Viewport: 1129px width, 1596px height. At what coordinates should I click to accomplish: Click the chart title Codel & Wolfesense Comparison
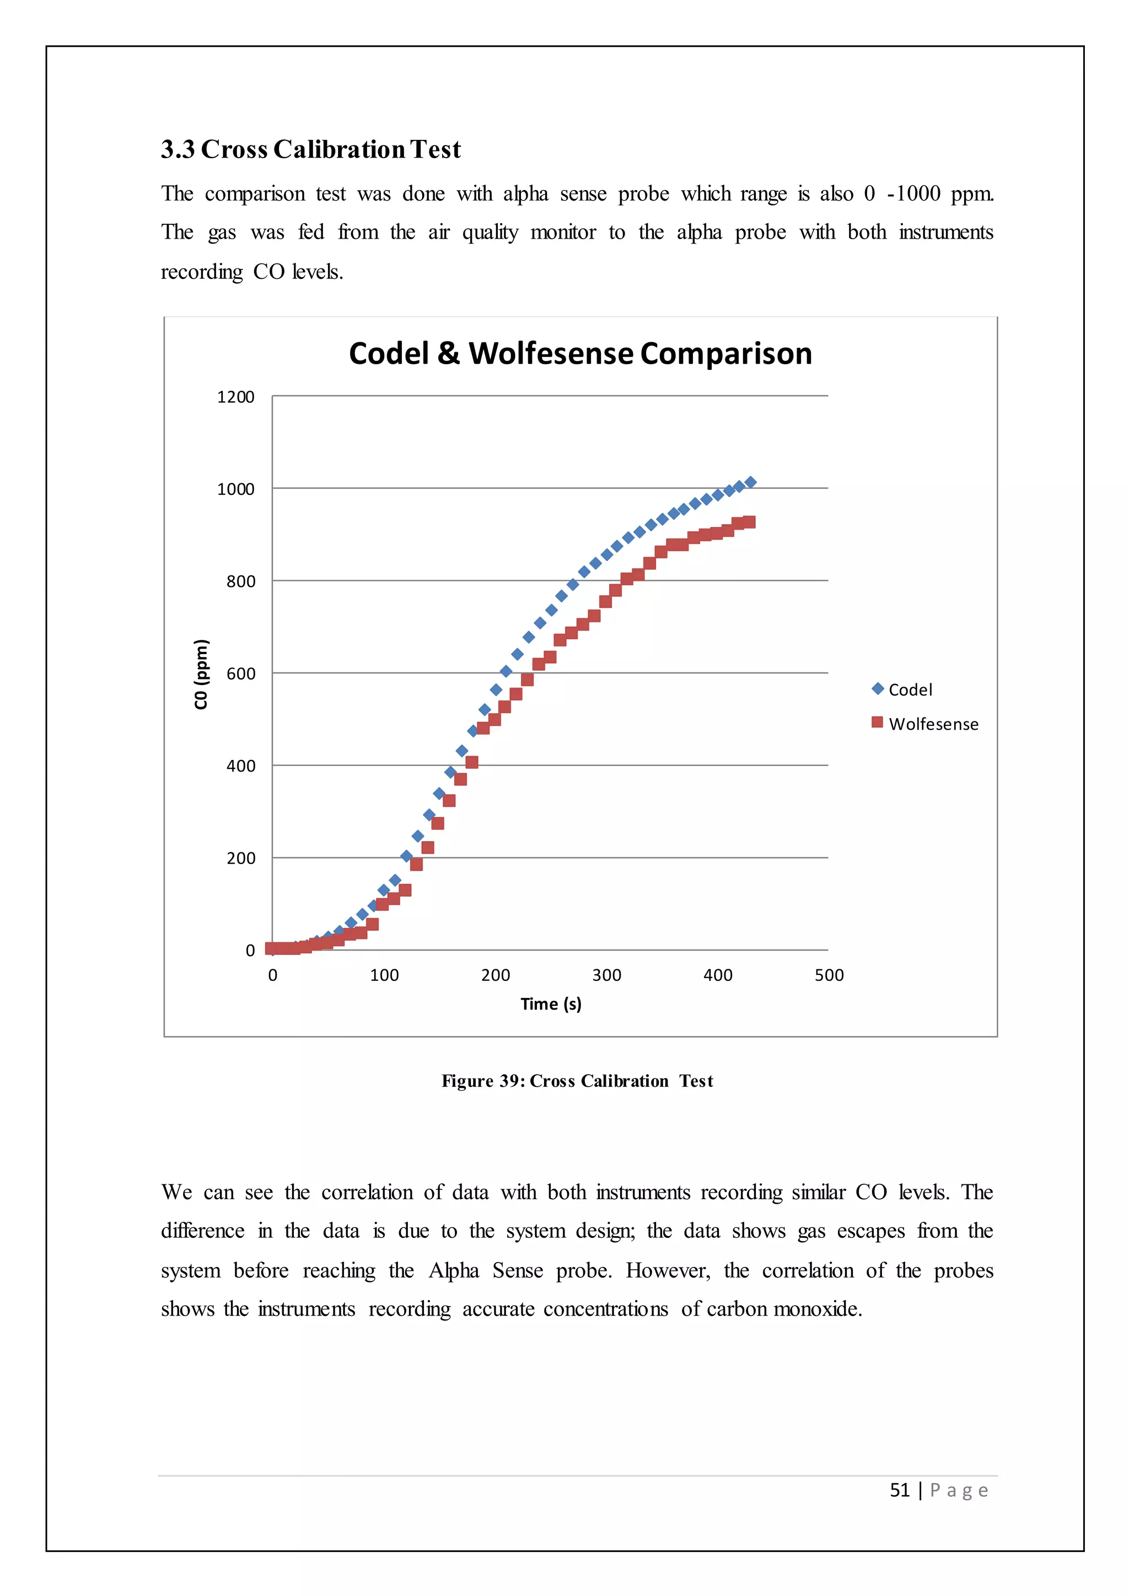point(580,354)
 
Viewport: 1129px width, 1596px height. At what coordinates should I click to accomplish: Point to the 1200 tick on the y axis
point(236,397)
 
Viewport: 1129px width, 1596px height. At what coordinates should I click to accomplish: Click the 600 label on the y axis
point(240,673)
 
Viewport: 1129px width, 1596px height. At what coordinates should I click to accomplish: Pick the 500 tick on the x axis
point(829,975)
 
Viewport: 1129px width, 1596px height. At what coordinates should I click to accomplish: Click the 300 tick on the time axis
point(606,975)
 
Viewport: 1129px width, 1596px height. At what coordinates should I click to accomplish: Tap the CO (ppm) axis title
point(201,673)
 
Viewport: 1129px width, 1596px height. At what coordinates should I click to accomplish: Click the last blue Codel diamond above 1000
point(750,482)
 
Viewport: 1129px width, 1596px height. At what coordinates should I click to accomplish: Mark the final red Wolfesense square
point(749,522)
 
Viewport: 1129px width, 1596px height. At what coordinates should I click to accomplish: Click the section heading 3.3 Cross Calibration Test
point(311,149)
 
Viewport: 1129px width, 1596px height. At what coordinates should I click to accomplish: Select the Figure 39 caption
point(577,1081)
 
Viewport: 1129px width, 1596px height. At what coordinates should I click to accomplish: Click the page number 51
point(900,1490)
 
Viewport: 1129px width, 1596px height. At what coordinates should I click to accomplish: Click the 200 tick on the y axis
point(240,859)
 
